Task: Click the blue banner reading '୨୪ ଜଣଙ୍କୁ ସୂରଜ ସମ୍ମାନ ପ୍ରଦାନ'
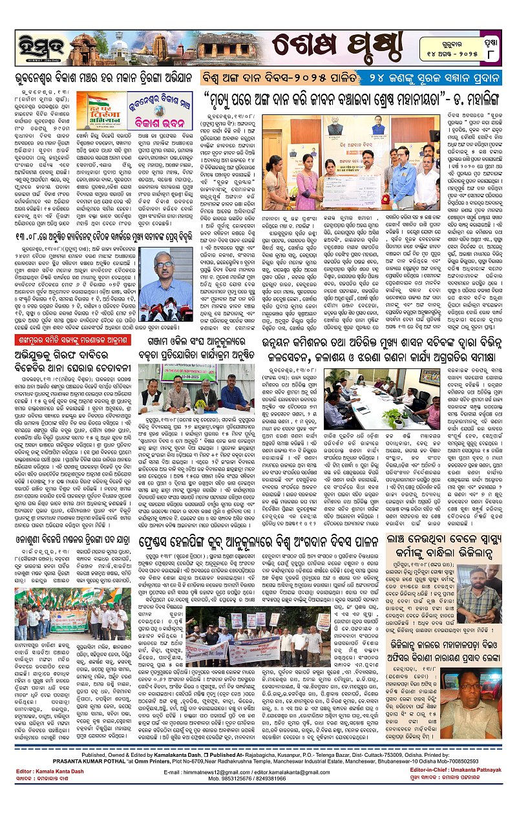(x=425, y=80)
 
